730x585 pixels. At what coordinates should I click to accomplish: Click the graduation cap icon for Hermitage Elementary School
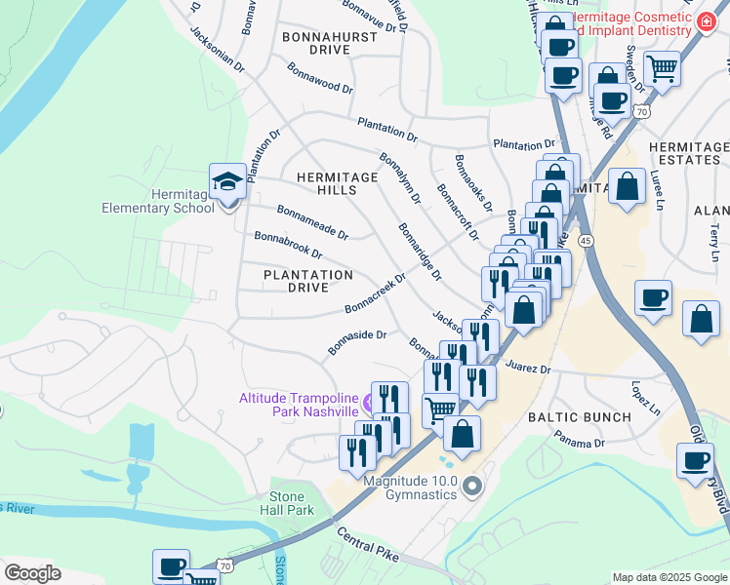coord(227,182)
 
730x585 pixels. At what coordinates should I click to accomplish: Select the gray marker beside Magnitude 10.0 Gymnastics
coord(473,486)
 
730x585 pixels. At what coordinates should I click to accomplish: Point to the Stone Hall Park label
coord(292,503)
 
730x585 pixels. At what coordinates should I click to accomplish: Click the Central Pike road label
coord(370,545)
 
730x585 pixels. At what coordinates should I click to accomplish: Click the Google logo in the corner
coord(31,572)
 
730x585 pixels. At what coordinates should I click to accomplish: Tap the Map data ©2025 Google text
coord(669,577)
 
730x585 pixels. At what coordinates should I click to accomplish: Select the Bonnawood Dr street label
coord(319,79)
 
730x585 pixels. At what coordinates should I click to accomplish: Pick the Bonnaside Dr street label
coord(357,342)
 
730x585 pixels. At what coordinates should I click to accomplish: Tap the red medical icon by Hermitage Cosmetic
coord(704,26)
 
